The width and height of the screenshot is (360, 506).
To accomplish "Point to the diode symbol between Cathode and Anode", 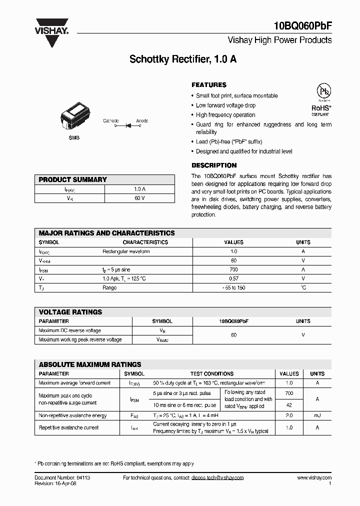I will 127,126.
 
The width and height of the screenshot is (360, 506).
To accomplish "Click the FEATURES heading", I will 209,85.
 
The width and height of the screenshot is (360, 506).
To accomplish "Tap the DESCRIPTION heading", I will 214,165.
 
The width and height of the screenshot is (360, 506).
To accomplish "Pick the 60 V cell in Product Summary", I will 139,198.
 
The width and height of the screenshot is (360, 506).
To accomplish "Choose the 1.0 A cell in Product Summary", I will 139,189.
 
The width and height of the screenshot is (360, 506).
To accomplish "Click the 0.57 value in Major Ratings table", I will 233,278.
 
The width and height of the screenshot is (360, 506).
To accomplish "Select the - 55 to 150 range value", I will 233,288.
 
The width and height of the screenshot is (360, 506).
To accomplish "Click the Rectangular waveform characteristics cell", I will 126,251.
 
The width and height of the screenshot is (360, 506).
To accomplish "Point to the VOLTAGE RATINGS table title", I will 70,312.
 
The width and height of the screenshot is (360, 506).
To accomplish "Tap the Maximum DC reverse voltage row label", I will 69,330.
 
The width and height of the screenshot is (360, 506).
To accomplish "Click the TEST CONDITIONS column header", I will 211,373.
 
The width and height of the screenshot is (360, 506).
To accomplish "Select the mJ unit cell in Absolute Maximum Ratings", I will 317,415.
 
